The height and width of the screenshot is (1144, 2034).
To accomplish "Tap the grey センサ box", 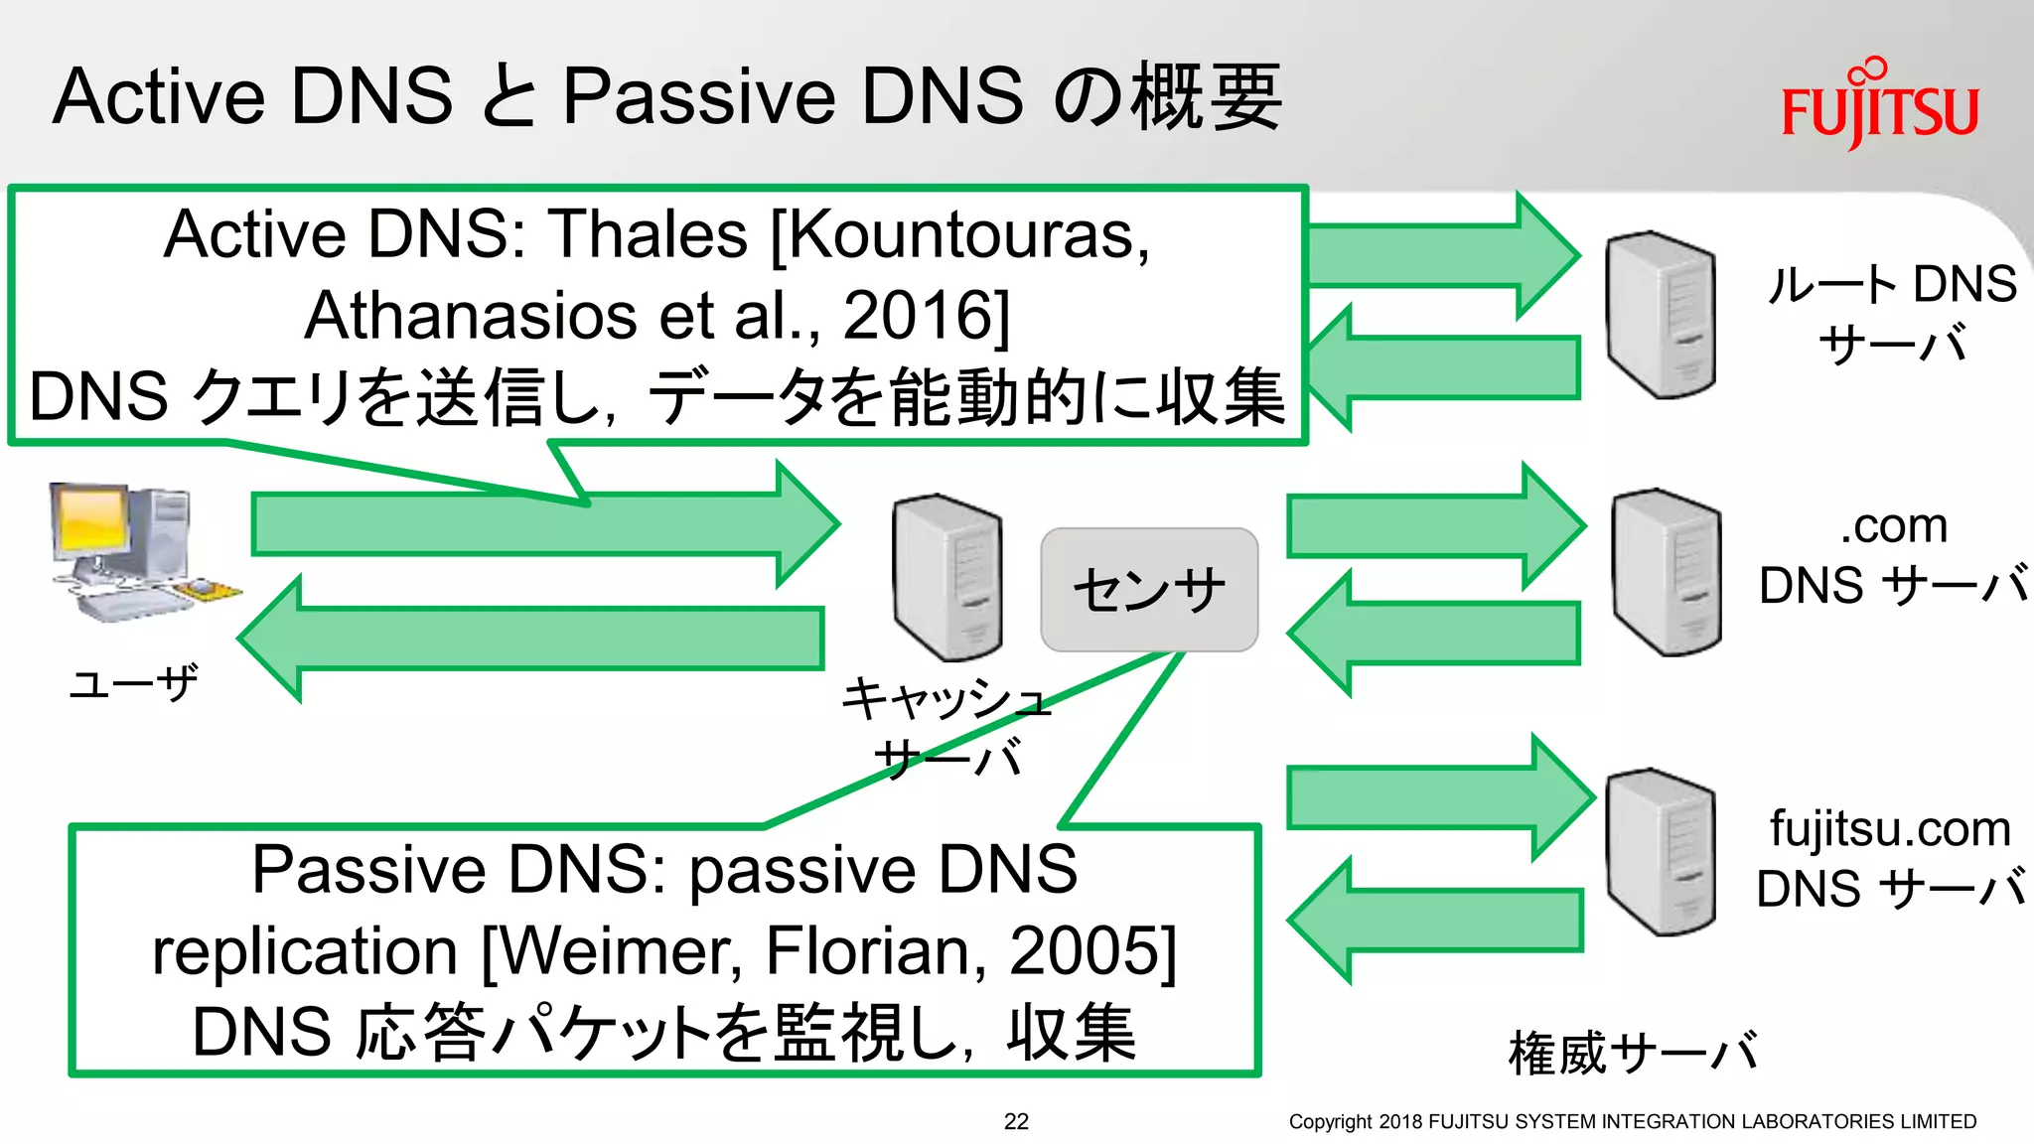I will [x=1149, y=590].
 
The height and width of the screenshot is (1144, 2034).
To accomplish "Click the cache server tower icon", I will [x=946, y=577].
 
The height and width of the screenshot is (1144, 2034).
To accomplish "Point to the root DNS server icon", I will [x=1661, y=315].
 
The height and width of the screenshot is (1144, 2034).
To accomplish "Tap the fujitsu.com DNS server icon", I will [x=1661, y=852].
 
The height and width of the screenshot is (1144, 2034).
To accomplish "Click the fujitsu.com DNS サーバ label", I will [x=1890, y=858].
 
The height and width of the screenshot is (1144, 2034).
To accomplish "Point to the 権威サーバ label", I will [x=1632, y=1053].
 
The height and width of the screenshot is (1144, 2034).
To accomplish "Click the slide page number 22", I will [x=1016, y=1121].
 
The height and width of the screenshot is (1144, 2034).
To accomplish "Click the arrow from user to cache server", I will [x=536, y=523].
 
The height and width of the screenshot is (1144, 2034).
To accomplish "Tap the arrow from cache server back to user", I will [x=536, y=639].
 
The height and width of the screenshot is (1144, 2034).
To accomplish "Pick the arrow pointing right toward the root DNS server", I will [x=1440, y=255].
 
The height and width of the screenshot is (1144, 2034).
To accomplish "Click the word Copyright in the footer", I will [x=1330, y=1121].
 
